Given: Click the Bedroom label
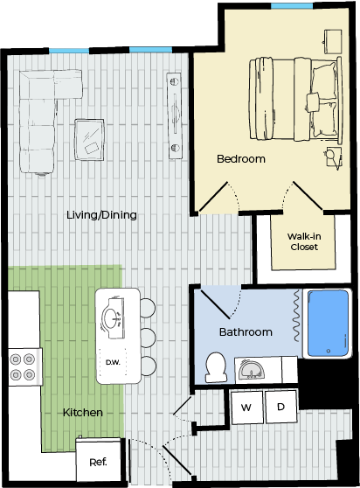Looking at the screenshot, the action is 241,158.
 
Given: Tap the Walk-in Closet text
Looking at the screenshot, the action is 304,241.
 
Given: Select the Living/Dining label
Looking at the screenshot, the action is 101,215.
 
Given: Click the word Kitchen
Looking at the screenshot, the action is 83,413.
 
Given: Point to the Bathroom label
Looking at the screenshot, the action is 246,331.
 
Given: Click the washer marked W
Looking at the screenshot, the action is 247,408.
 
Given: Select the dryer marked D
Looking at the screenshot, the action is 280,407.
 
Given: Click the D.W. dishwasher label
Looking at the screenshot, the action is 113,362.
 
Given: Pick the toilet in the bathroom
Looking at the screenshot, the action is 216,367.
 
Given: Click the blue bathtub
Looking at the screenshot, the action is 328,323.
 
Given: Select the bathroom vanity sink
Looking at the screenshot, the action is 251,370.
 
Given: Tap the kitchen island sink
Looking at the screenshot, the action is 113,318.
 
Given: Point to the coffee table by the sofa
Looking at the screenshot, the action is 89,139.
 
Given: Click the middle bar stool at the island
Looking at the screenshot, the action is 148,338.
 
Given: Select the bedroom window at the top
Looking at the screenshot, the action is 292,6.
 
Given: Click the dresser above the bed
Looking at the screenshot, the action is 333,41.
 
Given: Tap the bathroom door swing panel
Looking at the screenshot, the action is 216,304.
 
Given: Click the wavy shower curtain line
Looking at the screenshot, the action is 297,316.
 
